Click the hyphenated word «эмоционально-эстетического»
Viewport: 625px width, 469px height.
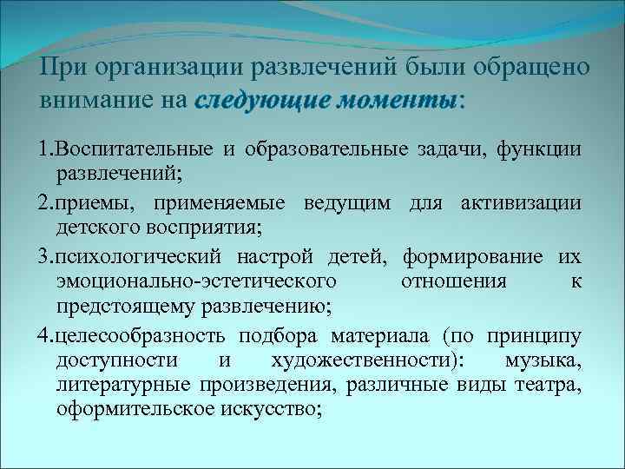click(196, 281)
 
